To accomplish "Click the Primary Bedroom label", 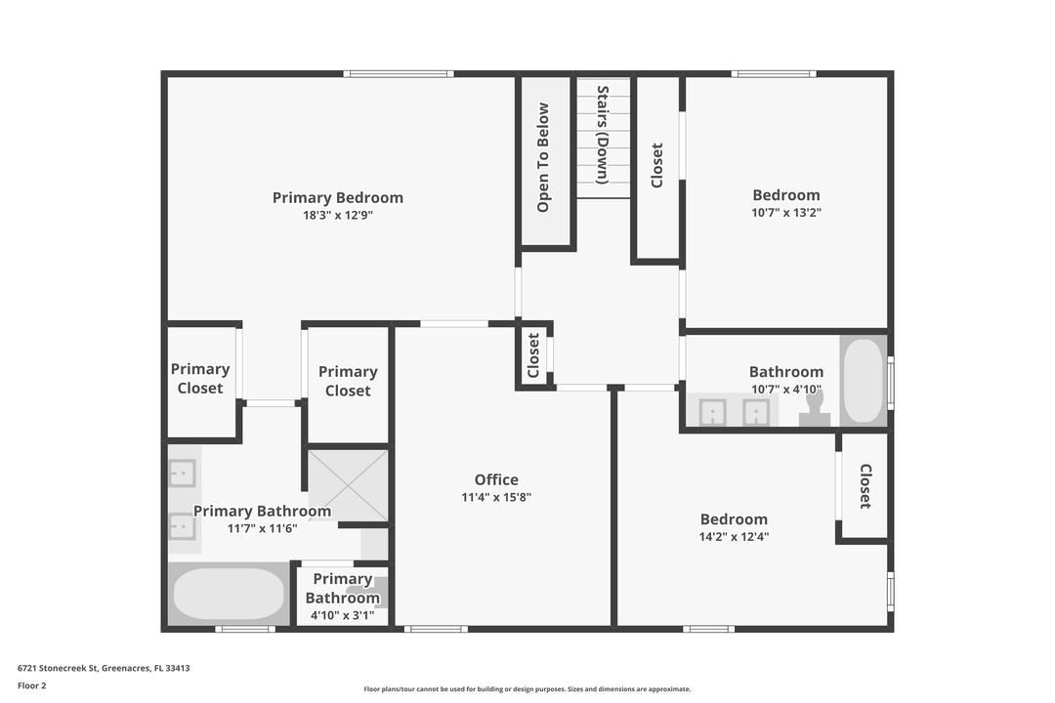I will [337, 197].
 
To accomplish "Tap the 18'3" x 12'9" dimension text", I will [337, 216].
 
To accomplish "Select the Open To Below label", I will [543, 158].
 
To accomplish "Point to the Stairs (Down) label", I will [603, 136].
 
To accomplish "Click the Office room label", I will [496, 479].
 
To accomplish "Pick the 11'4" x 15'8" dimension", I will [496, 497].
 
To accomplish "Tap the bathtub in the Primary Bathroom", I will [229, 594].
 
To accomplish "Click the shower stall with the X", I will [349, 485].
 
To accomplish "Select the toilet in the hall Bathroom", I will [814, 407].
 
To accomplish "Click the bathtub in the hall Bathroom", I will [863, 381].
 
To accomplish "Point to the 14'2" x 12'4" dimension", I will [734, 536].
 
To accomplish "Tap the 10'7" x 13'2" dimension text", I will [786, 212].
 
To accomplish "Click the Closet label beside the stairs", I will [657, 165].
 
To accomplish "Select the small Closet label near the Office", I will [533, 355].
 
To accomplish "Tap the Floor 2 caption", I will [31, 685].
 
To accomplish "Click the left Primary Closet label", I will [200, 378].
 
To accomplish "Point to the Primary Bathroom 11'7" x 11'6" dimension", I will [262, 528].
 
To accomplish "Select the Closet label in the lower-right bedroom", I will [865, 486].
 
